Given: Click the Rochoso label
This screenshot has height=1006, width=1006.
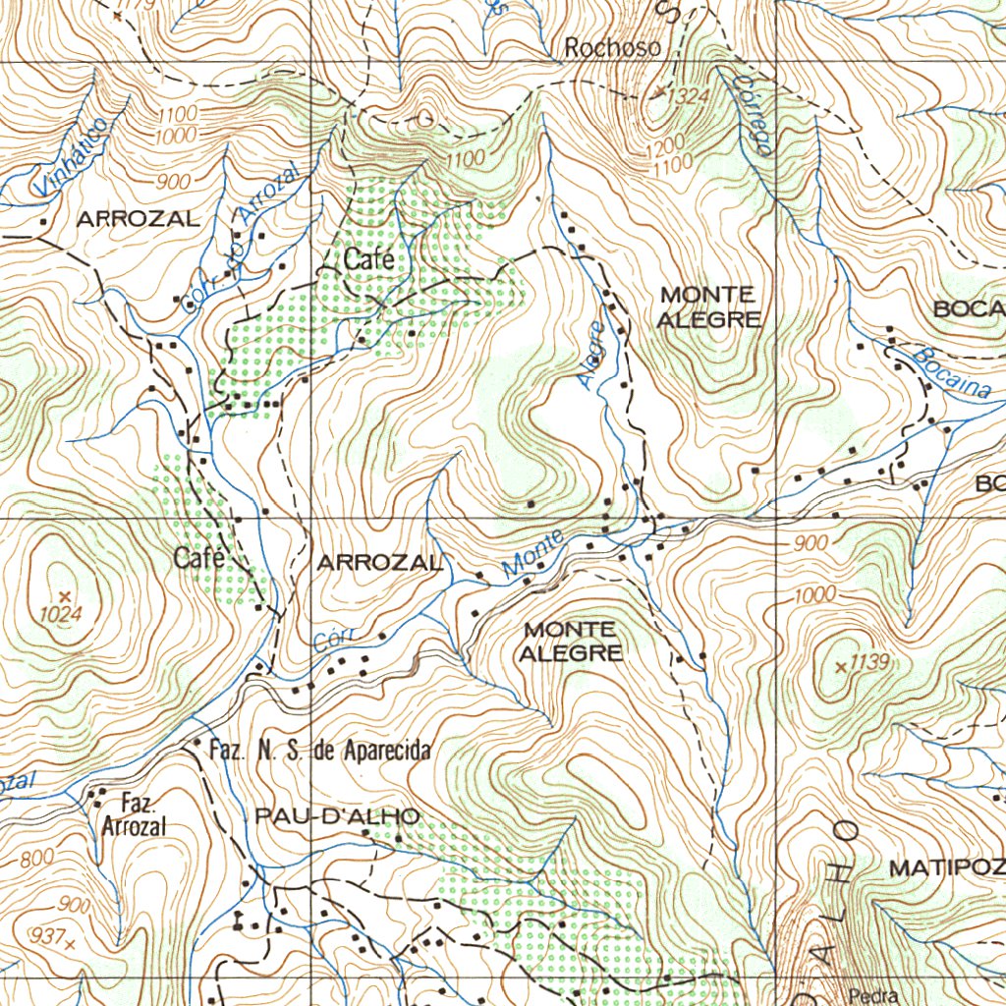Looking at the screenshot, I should click(x=612, y=47).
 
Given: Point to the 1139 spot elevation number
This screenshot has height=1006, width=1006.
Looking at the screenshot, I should click(x=870, y=664).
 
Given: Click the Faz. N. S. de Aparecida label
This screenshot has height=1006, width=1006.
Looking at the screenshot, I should click(x=320, y=752).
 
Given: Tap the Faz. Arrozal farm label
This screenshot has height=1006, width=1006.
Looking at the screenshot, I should click(x=134, y=816).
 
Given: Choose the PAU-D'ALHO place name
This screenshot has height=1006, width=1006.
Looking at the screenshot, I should click(x=337, y=816).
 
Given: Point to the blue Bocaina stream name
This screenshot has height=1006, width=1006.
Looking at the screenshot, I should click(x=950, y=374).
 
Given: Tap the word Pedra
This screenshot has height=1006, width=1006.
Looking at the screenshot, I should click(x=875, y=996).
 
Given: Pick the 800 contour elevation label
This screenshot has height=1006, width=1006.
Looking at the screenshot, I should click(x=36, y=858).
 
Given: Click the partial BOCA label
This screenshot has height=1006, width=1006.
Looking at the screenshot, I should click(x=969, y=308).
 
